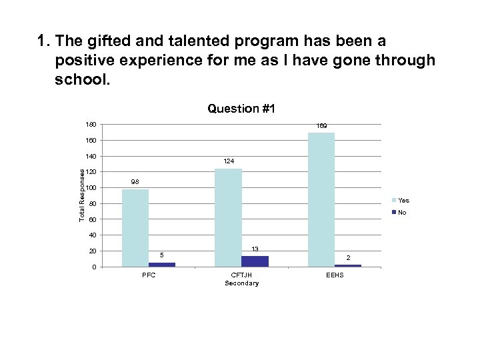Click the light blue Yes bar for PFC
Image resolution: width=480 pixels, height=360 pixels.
(135, 228)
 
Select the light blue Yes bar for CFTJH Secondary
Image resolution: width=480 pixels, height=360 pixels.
(228, 217)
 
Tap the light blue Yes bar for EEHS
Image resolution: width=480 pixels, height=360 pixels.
(321, 199)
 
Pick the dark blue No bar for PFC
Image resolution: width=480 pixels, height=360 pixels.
(162, 265)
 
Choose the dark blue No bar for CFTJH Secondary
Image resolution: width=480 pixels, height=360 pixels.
(255, 261)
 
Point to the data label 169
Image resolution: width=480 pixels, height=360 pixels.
(321, 125)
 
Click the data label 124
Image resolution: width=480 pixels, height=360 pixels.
(228, 161)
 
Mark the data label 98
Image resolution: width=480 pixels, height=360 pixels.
(135, 182)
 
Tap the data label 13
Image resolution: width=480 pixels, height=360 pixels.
(255, 249)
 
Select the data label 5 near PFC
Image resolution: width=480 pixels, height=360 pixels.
(162, 255)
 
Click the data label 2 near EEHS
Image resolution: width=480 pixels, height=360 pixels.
(347, 257)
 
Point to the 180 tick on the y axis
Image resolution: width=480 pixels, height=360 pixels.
(91, 125)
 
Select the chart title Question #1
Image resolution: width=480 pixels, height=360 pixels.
(241, 108)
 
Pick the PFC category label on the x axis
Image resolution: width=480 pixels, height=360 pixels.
(148, 276)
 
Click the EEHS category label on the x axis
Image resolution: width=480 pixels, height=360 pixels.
(335, 276)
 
